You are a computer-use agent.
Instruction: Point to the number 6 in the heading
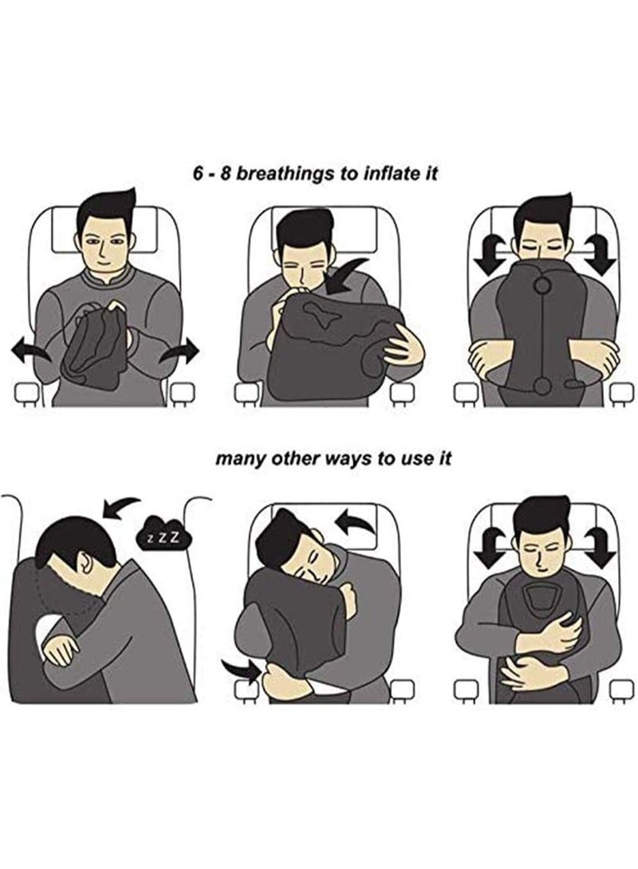click(x=198, y=174)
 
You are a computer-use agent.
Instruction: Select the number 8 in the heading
click(x=226, y=174)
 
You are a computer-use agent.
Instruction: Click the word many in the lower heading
click(x=238, y=460)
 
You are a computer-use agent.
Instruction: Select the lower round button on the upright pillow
click(x=542, y=387)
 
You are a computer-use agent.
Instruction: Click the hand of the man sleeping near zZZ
click(x=60, y=650)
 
